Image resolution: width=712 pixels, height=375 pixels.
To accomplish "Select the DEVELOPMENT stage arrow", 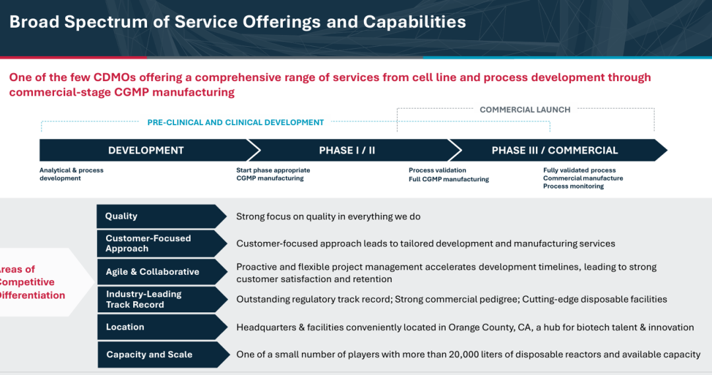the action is pyautogui.click(x=145, y=150).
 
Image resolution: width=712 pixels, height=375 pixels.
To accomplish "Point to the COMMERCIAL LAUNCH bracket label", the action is pyautogui.click(x=525, y=110).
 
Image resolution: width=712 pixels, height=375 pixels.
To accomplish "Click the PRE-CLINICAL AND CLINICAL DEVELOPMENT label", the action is pyautogui.click(x=235, y=123).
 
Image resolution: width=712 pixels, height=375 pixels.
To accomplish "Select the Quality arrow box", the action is pyautogui.click(x=162, y=216).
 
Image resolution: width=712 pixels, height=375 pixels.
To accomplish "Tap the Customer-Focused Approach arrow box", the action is pyautogui.click(x=162, y=243).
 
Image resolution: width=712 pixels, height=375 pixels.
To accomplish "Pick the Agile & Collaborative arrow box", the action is pyautogui.click(x=162, y=272).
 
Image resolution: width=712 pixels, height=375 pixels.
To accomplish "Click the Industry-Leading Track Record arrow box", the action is pyautogui.click(x=162, y=299).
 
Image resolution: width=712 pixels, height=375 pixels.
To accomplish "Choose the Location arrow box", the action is pyautogui.click(x=162, y=327).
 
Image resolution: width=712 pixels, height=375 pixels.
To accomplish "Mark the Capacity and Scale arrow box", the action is pyautogui.click(x=163, y=355).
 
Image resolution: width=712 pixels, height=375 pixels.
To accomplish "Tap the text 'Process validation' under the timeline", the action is pyautogui.click(x=437, y=170).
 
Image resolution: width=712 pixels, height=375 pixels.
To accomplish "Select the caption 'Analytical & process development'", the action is pyautogui.click(x=71, y=175).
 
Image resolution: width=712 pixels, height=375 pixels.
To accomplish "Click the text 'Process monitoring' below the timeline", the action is pyautogui.click(x=574, y=186).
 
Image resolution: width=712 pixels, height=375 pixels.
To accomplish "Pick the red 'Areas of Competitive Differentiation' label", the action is pyautogui.click(x=32, y=282).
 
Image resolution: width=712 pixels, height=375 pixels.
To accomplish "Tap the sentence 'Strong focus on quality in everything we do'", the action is pyautogui.click(x=328, y=217).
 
